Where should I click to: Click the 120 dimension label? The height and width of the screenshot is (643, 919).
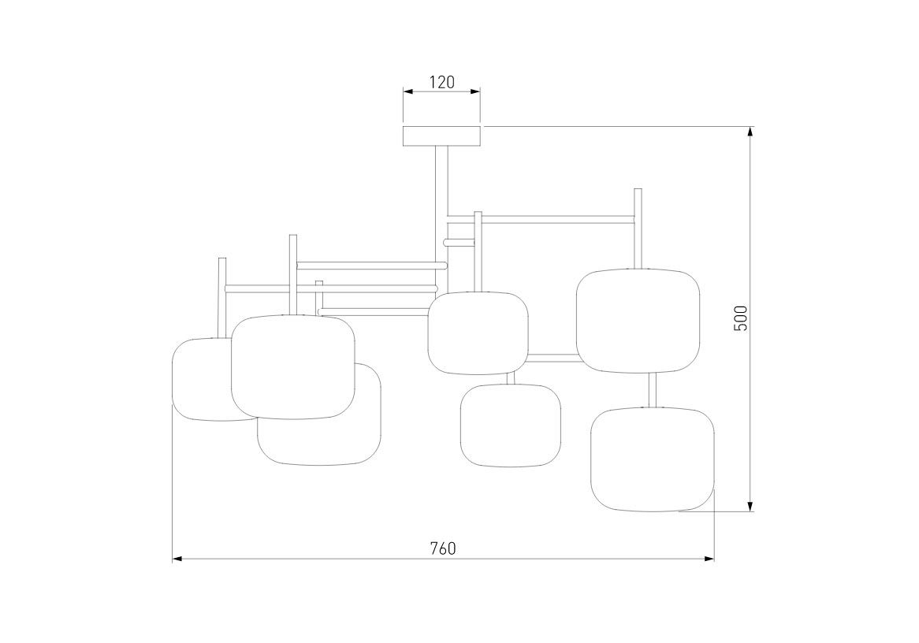[442, 82]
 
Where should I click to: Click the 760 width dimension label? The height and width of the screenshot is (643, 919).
[442, 548]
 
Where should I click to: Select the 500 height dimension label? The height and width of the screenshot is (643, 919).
[741, 318]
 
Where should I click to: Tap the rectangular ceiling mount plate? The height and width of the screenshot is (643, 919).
[442, 136]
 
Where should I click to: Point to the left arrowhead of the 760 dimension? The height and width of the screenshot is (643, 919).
[178, 559]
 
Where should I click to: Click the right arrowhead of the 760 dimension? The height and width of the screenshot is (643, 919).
[708, 559]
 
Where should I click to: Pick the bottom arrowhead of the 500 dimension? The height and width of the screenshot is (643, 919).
[750, 505]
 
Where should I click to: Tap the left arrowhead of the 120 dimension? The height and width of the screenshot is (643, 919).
[409, 91]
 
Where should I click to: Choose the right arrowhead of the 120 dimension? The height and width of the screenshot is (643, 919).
[474, 91]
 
